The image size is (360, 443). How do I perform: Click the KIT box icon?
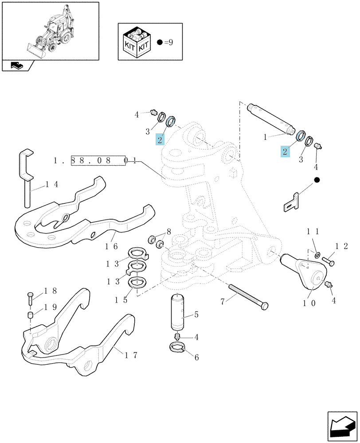click(x=137, y=43)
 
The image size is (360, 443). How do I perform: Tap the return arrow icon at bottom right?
click(x=342, y=426)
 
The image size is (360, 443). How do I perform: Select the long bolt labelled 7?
click(x=248, y=297)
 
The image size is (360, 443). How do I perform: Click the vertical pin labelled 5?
click(x=178, y=311)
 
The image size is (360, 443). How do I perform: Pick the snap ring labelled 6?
click(x=177, y=347)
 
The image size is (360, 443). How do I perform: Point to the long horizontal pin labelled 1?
click(x=270, y=118)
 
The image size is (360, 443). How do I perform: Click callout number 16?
click(x=111, y=246)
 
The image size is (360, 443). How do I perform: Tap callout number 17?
click(x=131, y=355)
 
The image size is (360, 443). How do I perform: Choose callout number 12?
click(x=342, y=246)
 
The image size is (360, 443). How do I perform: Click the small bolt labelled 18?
click(x=30, y=298)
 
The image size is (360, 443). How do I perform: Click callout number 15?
click(x=121, y=300)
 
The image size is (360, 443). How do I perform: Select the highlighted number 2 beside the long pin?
click(x=285, y=152)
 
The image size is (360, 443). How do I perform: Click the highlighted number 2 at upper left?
click(x=160, y=140)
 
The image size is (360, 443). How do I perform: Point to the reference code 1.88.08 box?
click(x=98, y=161)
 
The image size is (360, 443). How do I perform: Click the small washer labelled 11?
click(x=317, y=255)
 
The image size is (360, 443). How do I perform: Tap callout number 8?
click(x=169, y=232)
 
